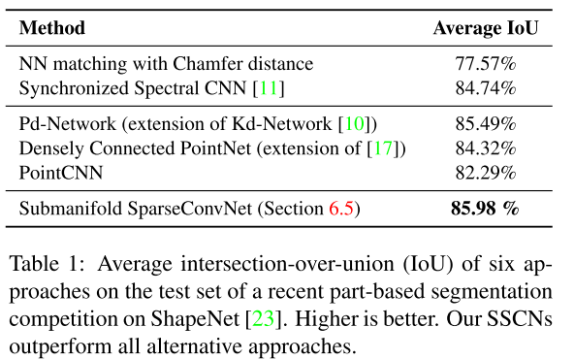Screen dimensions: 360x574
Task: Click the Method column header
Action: click(x=51, y=27)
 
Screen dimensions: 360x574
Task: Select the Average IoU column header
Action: click(x=486, y=27)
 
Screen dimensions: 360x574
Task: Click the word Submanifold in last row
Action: click(x=66, y=208)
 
